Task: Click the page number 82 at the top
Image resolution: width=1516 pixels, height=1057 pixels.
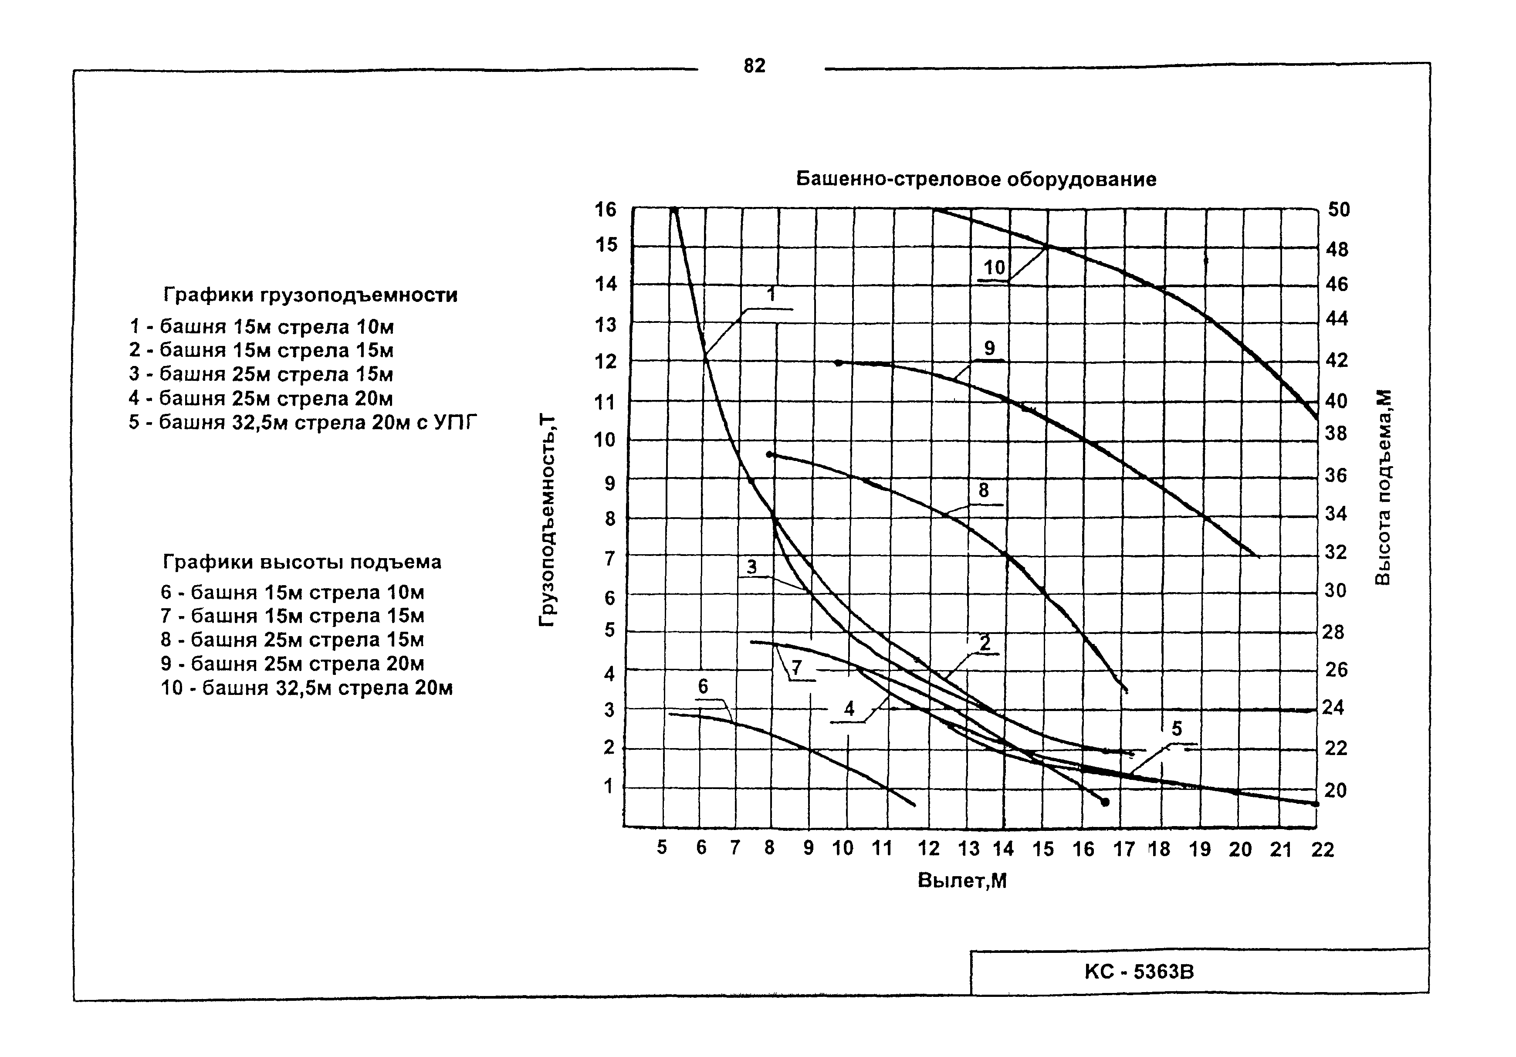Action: tap(754, 66)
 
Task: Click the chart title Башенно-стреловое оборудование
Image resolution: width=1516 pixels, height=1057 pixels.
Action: tap(976, 180)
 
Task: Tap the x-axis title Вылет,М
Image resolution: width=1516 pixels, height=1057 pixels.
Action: tap(962, 881)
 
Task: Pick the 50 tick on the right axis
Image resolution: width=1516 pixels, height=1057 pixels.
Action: tap(1339, 210)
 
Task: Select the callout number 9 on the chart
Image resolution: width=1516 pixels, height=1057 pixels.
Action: tap(989, 348)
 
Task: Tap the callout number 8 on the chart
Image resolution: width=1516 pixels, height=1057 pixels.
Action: tap(984, 491)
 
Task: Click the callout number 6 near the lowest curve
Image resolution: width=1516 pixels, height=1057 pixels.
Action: tap(703, 687)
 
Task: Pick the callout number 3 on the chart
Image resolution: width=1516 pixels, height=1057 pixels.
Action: tap(751, 566)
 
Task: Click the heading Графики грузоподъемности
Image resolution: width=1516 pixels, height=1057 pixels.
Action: tap(310, 295)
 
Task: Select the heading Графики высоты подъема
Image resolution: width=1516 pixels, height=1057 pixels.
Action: tap(302, 562)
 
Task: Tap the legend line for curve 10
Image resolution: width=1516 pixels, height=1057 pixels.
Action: tap(307, 688)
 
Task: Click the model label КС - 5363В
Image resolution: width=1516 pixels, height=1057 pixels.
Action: tap(1139, 972)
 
